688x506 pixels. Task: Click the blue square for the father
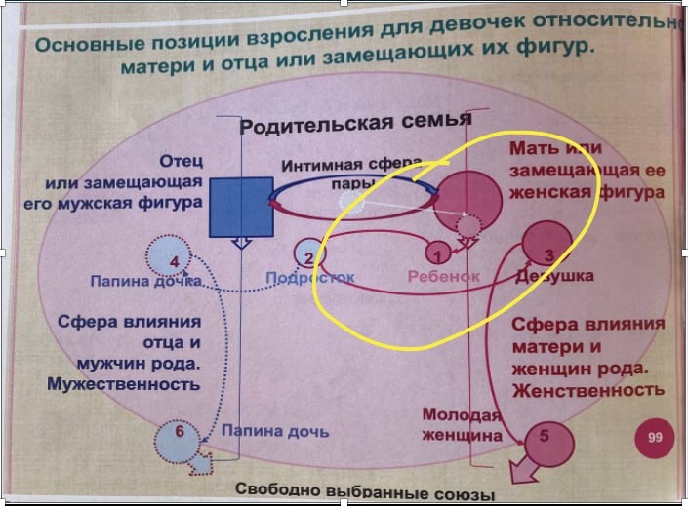(x=239, y=207)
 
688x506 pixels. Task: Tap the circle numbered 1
(x=439, y=254)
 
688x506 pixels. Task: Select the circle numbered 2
(x=308, y=256)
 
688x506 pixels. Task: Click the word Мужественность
(x=123, y=384)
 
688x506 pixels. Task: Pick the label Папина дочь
(x=274, y=430)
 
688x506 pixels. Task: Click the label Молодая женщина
(x=461, y=424)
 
